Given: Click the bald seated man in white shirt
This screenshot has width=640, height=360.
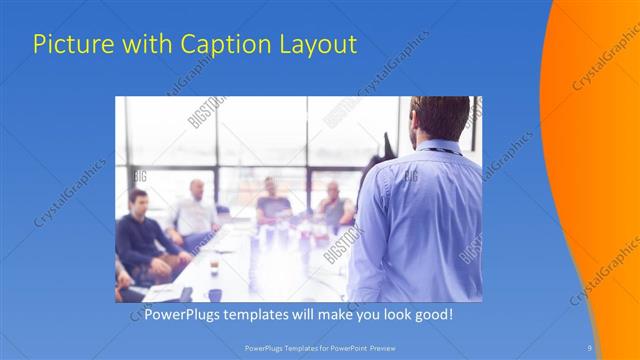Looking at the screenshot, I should tap(194, 210).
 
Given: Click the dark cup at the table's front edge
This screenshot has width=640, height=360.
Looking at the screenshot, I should tap(214, 294).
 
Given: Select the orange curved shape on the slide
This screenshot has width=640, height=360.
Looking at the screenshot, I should tap(600, 150).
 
